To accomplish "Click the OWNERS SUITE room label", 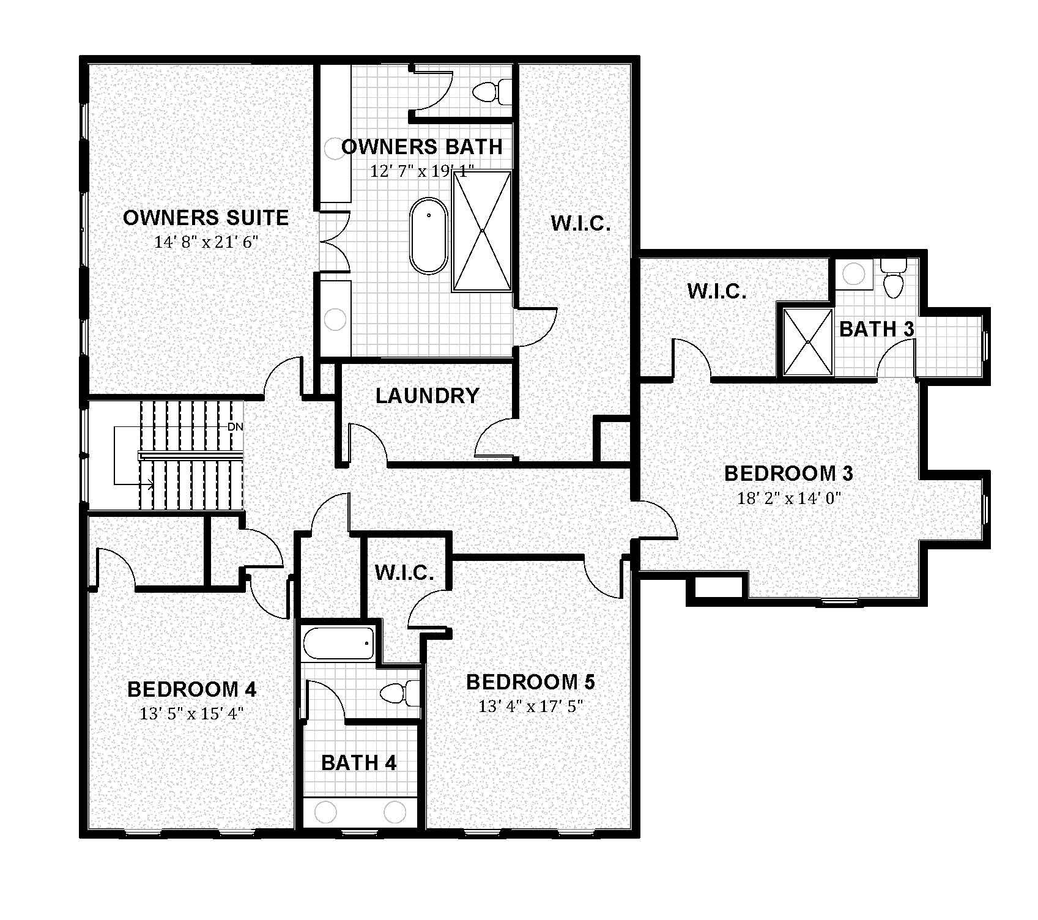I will click(206, 218).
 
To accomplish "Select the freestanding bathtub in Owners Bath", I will click(429, 236).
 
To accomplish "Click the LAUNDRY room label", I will click(427, 396).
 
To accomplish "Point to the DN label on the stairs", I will click(235, 427).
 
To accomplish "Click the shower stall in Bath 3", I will click(808, 341).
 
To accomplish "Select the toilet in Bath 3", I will click(893, 280).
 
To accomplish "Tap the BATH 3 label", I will click(876, 329).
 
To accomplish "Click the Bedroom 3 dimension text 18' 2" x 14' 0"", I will click(790, 498).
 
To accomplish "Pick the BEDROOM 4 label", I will click(191, 689).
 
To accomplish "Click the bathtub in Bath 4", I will click(338, 644).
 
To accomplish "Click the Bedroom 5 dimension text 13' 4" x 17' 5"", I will click(530, 707).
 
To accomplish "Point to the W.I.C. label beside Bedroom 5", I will click(404, 573).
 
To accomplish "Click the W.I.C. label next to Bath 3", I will click(717, 291).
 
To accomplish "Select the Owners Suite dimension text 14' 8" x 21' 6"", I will click(206, 242).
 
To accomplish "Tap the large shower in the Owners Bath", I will click(482, 231).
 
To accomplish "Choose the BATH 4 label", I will click(358, 763).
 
